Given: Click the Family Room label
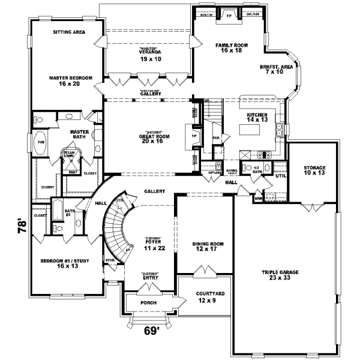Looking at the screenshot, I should click(x=228, y=47).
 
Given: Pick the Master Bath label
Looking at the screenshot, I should click(x=79, y=135).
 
